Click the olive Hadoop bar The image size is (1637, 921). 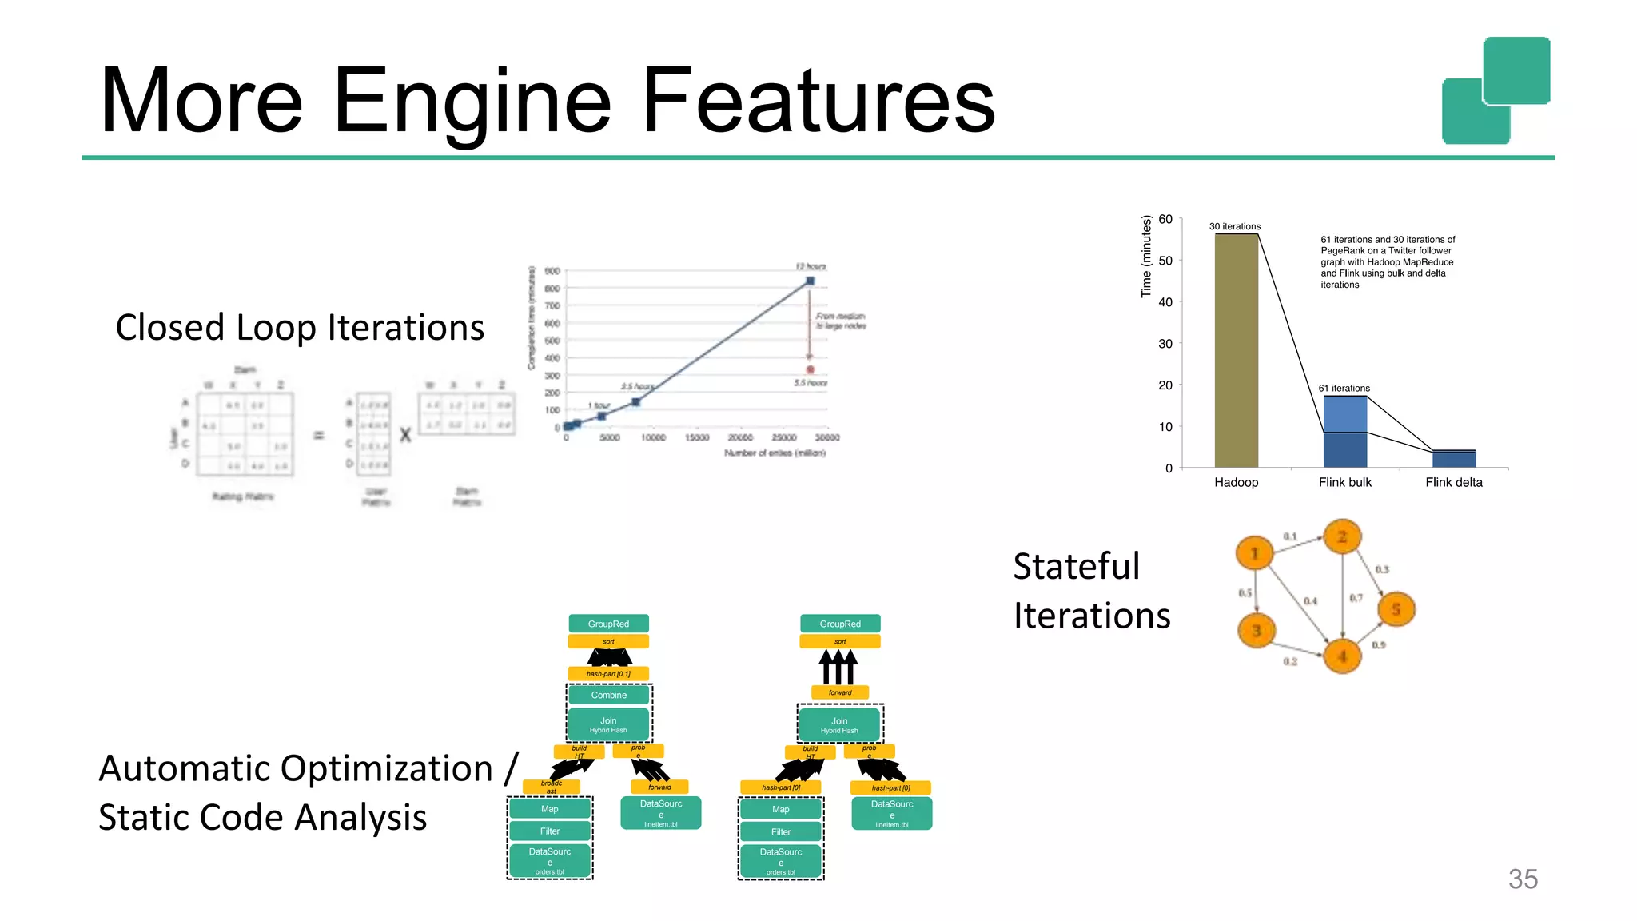coord(1236,352)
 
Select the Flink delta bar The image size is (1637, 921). coord(1453,459)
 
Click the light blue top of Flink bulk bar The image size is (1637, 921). coord(1344,413)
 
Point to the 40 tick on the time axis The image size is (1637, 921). coord(1165,302)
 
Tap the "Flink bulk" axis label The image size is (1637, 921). coord(1344,482)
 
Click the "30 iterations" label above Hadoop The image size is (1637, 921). coord(1234,226)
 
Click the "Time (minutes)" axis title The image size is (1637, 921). coord(1146,257)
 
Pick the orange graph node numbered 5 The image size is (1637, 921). coord(1396,609)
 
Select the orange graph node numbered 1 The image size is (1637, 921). coord(1254,552)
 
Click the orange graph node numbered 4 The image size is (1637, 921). coord(1342,656)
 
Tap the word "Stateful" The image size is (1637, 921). coord(1076,566)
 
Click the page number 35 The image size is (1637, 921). coord(1522,879)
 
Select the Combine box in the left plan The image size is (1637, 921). coord(608,695)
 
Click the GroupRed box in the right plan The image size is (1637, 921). coord(839,624)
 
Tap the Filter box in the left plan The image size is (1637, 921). coord(549,831)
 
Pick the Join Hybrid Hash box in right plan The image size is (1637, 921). coord(839,724)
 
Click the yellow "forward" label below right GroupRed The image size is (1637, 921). coord(839,692)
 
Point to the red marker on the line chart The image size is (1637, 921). coord(810,369)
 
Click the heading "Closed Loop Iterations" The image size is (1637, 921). coord(300,328)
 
